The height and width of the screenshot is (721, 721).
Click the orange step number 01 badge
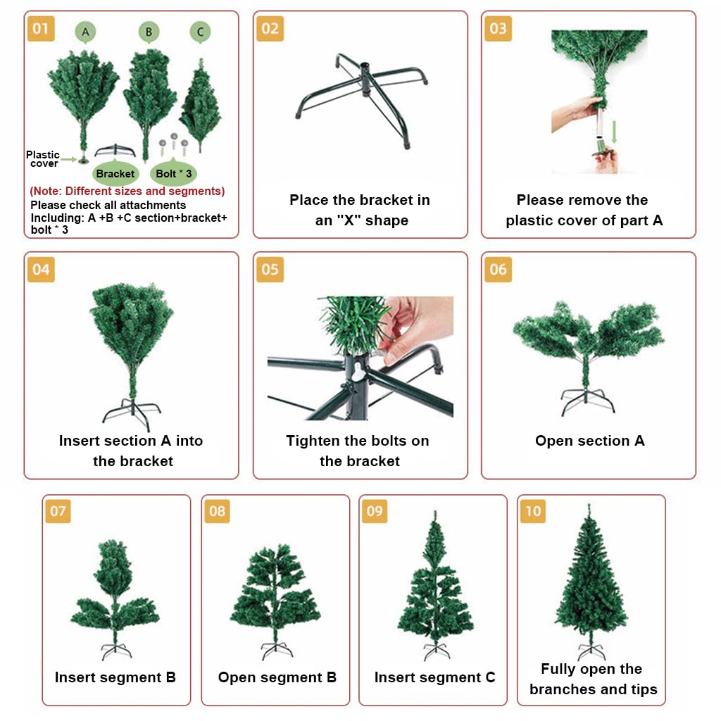(41, 29)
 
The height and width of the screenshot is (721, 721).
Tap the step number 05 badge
(270, 270)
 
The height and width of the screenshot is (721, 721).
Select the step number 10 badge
(533, 511)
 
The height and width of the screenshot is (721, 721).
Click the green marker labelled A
(85, 32)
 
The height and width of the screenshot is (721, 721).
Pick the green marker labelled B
(149, 32)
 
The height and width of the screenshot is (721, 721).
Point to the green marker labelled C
(201, 32)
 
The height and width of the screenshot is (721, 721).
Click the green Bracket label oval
(115, 173)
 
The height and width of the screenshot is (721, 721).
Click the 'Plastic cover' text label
(43, 159)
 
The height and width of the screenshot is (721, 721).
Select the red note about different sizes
(127, 191)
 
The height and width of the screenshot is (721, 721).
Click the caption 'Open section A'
(589, 441)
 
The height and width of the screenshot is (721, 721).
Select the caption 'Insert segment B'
(115, 677)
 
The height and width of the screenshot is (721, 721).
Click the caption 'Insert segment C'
(434, 677)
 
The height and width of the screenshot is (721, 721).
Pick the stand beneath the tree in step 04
(132, 412)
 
